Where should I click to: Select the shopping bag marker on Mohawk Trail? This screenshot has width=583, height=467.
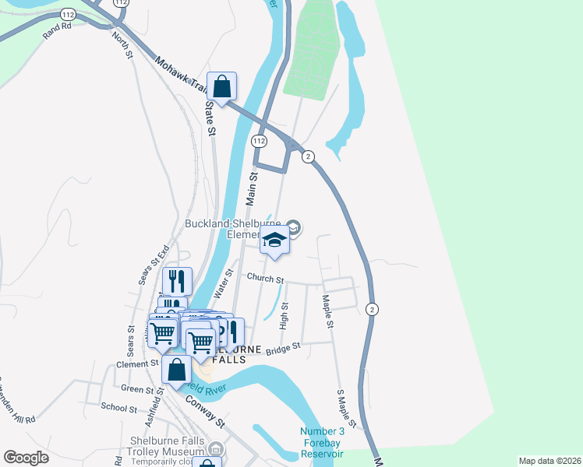221,87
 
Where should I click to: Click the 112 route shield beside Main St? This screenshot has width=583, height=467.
260,141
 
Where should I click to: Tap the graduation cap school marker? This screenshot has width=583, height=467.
274,241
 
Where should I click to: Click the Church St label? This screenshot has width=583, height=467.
266,278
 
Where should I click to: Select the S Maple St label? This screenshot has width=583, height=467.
346,409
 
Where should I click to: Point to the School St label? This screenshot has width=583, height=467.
119,407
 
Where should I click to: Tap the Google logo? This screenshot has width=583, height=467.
26,458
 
